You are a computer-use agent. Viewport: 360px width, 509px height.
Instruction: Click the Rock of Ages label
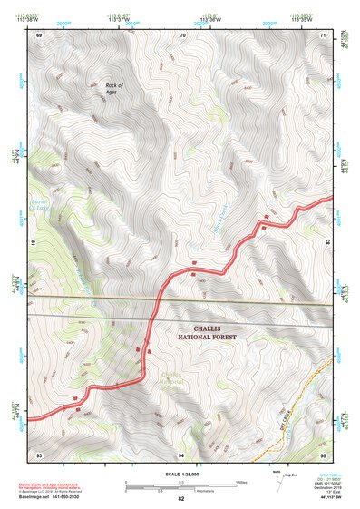point(113,88)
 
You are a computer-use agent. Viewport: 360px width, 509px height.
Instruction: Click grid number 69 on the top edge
point(39,34)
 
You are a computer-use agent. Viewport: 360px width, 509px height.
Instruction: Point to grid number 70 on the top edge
point(182,34)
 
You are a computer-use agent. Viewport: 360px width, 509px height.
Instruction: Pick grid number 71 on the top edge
point(324,34)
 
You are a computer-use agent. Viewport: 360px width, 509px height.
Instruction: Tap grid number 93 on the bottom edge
point(39,453)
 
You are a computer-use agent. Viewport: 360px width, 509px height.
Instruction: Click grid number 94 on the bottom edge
point(181,453)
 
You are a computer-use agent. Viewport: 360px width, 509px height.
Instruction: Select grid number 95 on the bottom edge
point(324,453)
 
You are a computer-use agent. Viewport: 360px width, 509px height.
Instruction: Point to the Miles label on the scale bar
point(241,481)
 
